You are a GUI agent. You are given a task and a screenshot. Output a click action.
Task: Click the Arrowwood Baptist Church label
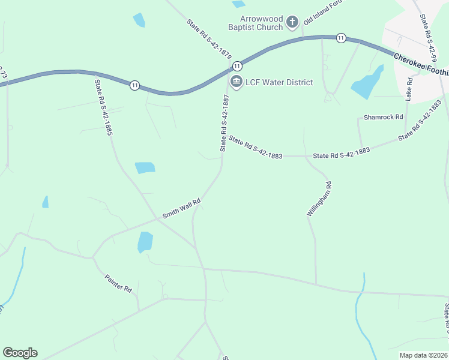tap(255, 23)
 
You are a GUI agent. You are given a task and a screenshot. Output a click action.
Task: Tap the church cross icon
tap(292, 23)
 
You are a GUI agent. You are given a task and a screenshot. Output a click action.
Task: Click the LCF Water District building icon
tap(236, 82)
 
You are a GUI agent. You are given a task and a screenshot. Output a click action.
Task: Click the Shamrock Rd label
tap(383, 117)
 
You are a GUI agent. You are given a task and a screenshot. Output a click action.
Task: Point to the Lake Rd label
tap(409, 88)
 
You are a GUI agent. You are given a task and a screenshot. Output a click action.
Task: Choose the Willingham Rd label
tap(319, 198)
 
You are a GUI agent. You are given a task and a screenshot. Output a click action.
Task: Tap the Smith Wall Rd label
tap(181, 209)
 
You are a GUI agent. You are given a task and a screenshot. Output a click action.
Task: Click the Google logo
tap(20, 353)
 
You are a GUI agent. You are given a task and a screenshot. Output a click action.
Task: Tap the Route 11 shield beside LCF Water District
tap(237, 65)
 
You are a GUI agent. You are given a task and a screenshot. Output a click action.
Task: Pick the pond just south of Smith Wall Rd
tap(145, 242)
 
